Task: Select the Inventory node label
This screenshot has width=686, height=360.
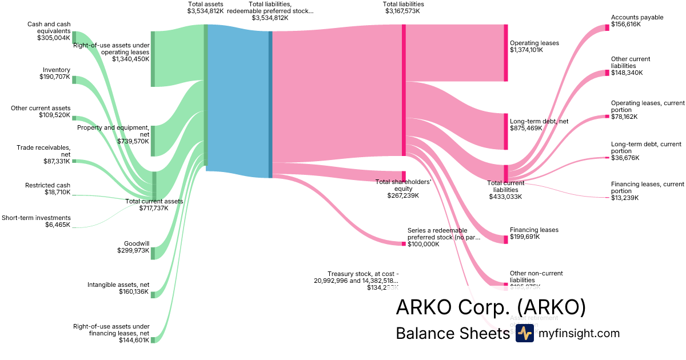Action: [57, 70]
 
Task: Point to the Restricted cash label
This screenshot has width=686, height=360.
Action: [47, 185]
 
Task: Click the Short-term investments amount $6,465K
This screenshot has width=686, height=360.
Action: [58, 225]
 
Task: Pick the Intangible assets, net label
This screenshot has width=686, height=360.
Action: [118, 284]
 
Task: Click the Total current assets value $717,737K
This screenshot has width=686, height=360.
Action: [154, 208]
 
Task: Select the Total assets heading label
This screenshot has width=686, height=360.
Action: [206, 4]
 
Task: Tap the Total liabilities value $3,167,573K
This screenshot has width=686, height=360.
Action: [403, 11]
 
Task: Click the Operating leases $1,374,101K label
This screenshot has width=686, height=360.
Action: [535, 43]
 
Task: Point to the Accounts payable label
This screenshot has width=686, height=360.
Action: [637, 17]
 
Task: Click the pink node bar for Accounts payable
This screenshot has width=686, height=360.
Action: [607, 27]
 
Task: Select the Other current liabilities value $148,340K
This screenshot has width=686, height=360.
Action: [627, 73]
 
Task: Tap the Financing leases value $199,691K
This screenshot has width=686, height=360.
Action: [525, 237]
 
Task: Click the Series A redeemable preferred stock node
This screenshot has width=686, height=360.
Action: [404, 243]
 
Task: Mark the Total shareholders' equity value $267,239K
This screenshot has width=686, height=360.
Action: [403, 195]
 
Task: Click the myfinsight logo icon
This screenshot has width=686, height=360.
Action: [524, 333]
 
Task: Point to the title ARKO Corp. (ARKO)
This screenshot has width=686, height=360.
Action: [490, 307]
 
